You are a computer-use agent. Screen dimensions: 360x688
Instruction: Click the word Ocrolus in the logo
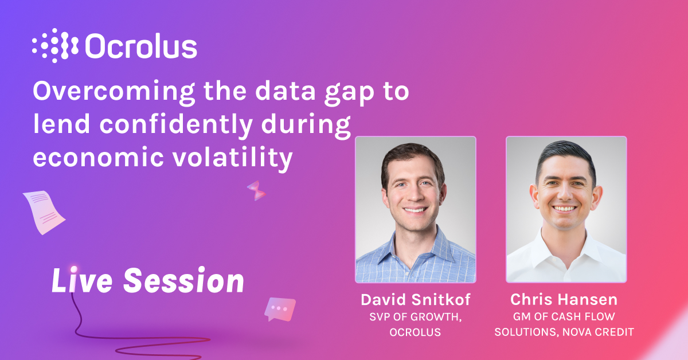coord(141,46)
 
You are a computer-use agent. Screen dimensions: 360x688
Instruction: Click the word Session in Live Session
coord(183,281)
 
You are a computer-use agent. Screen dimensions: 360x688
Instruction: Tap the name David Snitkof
coord(416,300)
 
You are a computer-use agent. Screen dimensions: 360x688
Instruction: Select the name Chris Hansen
coord(565,300)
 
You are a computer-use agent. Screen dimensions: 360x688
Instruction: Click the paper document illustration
coord(44,212)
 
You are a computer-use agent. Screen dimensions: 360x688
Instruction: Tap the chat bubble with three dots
coord(280,309)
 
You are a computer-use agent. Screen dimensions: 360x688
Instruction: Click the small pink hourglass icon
coord(256,190)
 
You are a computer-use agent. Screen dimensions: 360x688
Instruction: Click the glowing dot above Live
coord(73,268)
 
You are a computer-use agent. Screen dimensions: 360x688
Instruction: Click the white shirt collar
coord(565,244)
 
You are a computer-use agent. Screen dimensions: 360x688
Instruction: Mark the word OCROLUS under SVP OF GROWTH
coord(416,332)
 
